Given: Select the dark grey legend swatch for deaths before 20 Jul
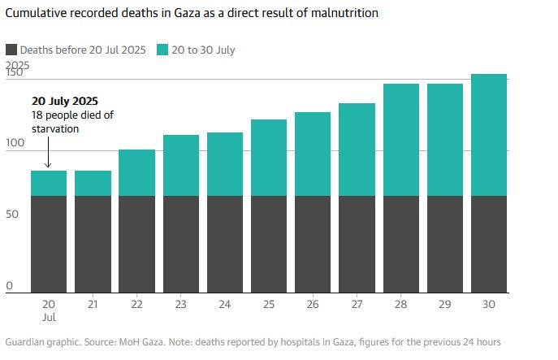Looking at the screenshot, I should (11, 50).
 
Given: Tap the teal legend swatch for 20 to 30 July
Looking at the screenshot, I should (164, 50).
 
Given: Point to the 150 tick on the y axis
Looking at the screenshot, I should (14, 73).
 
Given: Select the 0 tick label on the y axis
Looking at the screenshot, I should (9, 286).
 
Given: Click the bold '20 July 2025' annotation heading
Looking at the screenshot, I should (65, 102).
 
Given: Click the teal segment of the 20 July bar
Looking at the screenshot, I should (49, 183).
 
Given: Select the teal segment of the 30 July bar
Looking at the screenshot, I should (489, 135).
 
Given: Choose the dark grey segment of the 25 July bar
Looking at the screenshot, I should (269, 244).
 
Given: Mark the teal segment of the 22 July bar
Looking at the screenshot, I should (136, 172).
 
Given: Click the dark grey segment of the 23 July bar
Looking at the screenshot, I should (180, 244).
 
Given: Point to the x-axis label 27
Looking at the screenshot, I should (357, 304).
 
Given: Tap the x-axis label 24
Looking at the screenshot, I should (224, 304).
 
